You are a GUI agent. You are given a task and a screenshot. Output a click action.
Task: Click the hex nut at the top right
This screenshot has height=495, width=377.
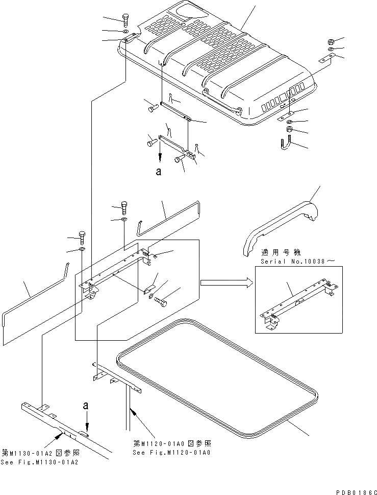[331, 41]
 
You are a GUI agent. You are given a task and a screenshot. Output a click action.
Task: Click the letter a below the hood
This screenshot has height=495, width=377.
[159, 172]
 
